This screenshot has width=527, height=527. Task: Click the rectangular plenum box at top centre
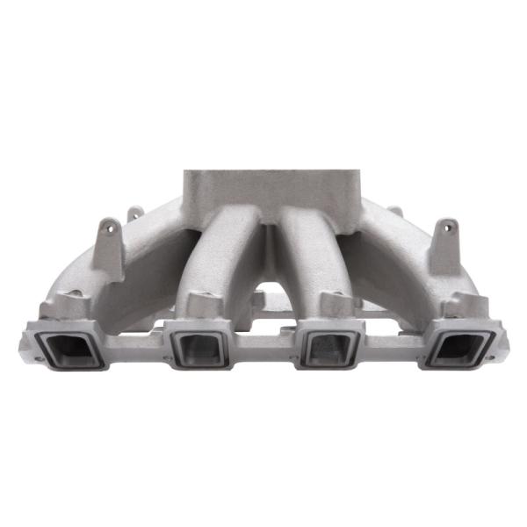click(x=271, y=193)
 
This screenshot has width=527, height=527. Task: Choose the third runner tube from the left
click(x=307, y=255)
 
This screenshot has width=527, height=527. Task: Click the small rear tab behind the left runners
click(x=135, y=213)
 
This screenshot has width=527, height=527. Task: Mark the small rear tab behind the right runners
click(x=395, y=213)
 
